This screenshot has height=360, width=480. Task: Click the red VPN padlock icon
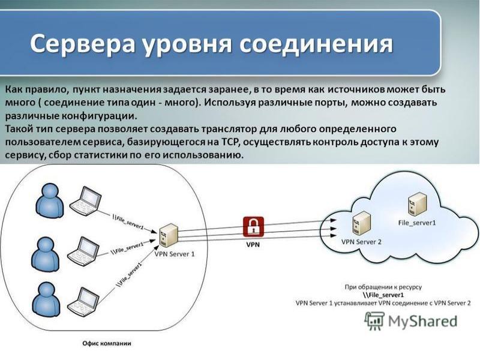pos(253,227)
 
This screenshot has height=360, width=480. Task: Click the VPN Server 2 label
pos(361,242)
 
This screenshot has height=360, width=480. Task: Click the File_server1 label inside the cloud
pos(417,223)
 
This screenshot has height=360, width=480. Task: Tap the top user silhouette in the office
pos(48,200)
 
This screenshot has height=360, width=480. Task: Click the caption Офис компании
pos(106,344)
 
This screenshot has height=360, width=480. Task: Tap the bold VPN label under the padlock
pos(253,245)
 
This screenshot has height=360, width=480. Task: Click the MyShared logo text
pos(422,320)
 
